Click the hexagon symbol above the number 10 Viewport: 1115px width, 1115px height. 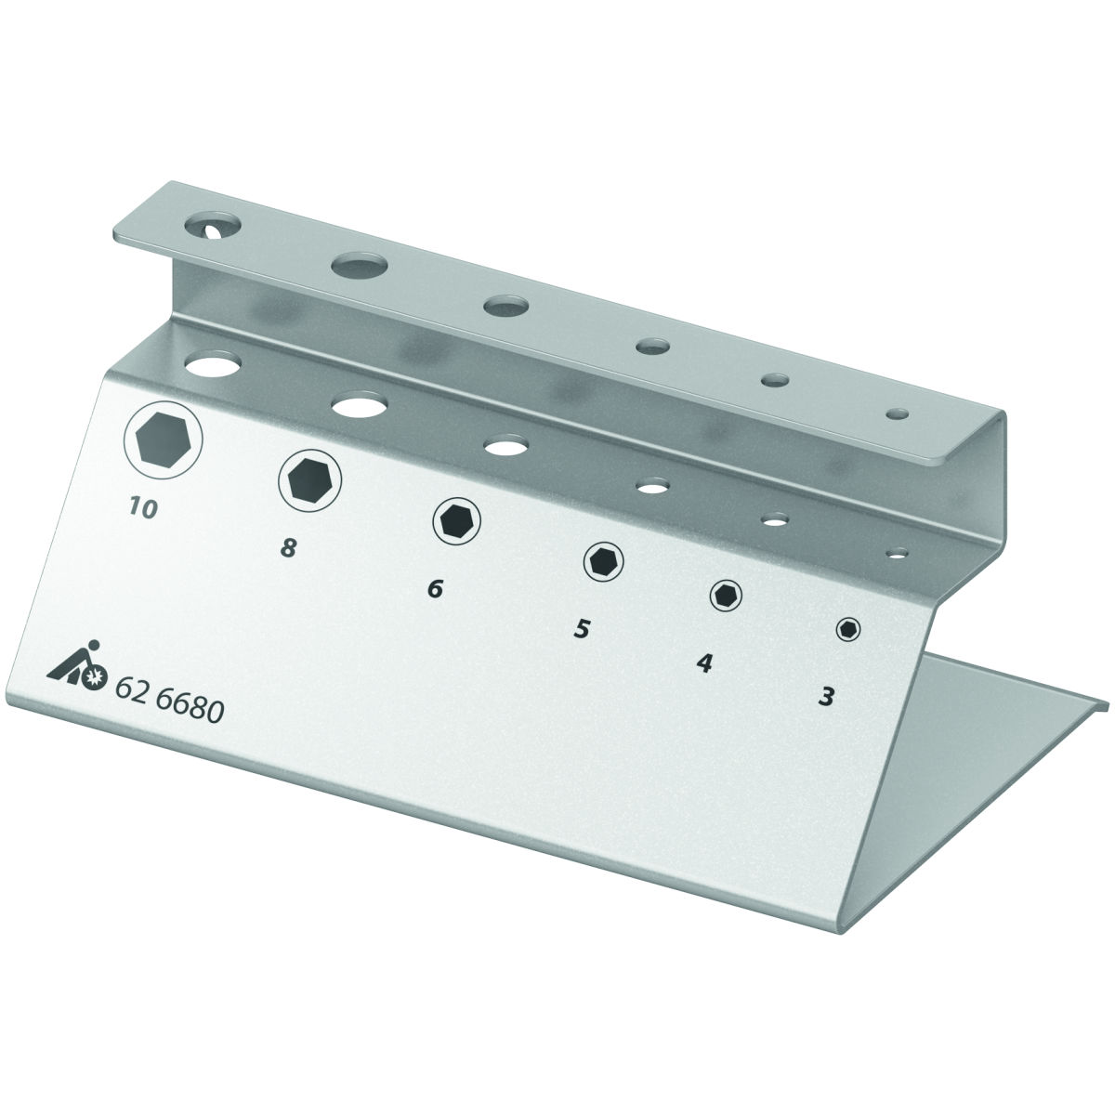click(164, 440)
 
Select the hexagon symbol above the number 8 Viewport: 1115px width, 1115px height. click(309, 479)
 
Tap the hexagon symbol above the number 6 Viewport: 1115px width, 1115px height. click(456, 520)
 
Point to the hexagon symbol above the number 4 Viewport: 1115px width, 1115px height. click(726, 595)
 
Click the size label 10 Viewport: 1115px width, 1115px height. click(143, 507)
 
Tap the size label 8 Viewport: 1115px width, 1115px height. click(288, 548)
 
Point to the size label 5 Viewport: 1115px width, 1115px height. click(582, 629)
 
